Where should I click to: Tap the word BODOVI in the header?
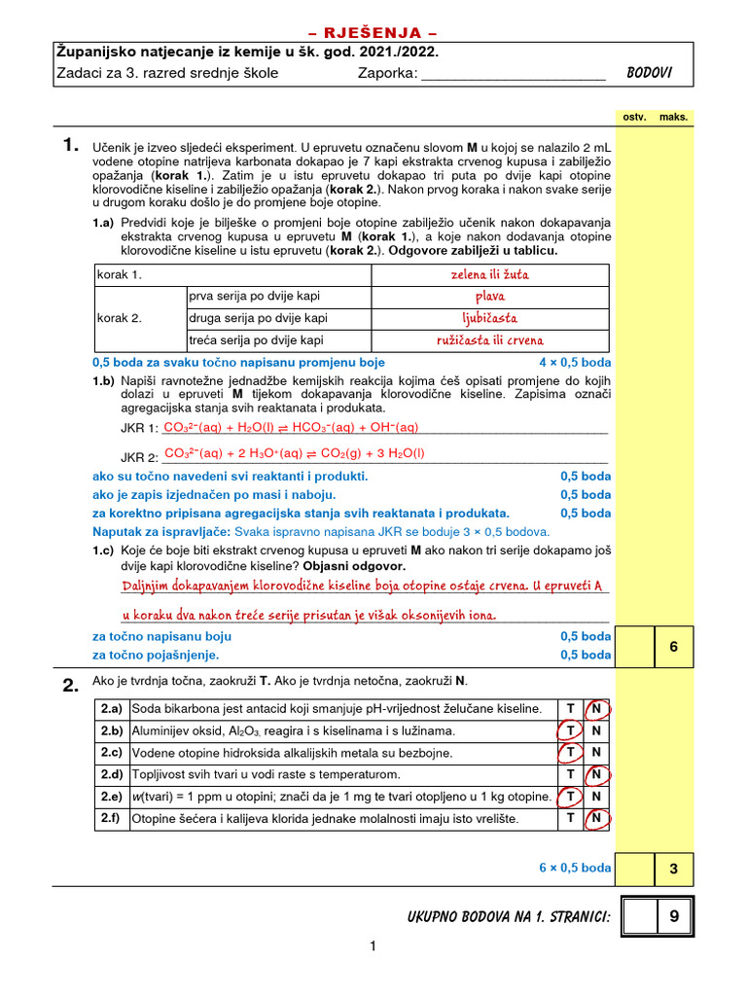pos(650,73)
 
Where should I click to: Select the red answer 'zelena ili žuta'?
pos(490,274)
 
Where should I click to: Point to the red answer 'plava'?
pos(490,297)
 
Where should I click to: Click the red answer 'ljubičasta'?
pos(490,318)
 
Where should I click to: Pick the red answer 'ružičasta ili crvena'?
pos(490,340)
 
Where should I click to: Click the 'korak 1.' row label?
pos(120,274)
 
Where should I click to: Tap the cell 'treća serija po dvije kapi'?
pos(257,340)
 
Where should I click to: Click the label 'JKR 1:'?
pos(138,429)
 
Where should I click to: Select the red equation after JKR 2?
pos(295,453)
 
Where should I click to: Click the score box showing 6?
pos(672,647)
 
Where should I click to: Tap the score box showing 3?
pos(672,868)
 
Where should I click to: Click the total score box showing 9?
pos(672,917)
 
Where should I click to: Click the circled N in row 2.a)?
pos(596,709)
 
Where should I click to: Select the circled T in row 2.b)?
pos(569,731)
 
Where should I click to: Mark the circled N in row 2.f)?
pos(596,819)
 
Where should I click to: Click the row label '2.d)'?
pos(110,775)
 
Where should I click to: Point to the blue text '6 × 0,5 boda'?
pos(575,868)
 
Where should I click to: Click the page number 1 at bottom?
pos(371,945)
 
